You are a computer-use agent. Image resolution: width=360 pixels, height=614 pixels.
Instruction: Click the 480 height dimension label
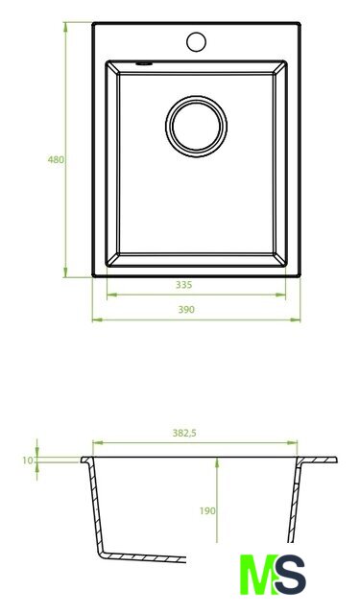56,160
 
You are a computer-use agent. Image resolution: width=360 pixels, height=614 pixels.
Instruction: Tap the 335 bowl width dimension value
183,285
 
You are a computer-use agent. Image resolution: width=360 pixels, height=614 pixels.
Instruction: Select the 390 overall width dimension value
186,310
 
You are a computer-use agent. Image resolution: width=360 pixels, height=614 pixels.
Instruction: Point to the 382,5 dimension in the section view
184,433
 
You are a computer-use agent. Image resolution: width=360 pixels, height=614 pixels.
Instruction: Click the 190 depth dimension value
207,511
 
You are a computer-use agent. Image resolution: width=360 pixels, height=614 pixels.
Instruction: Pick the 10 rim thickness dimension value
28,460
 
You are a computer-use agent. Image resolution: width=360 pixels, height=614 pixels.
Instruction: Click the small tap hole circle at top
196,42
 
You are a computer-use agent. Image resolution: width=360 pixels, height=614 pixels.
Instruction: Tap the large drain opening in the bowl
196,126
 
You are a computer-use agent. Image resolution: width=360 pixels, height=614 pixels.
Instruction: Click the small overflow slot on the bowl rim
144,63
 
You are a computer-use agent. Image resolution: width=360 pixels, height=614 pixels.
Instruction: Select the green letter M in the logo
258,575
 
